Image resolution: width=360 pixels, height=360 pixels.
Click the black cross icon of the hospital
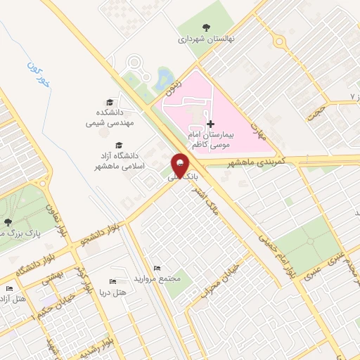(210, 123)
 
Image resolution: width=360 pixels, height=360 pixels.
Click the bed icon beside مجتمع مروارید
(156, 267)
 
